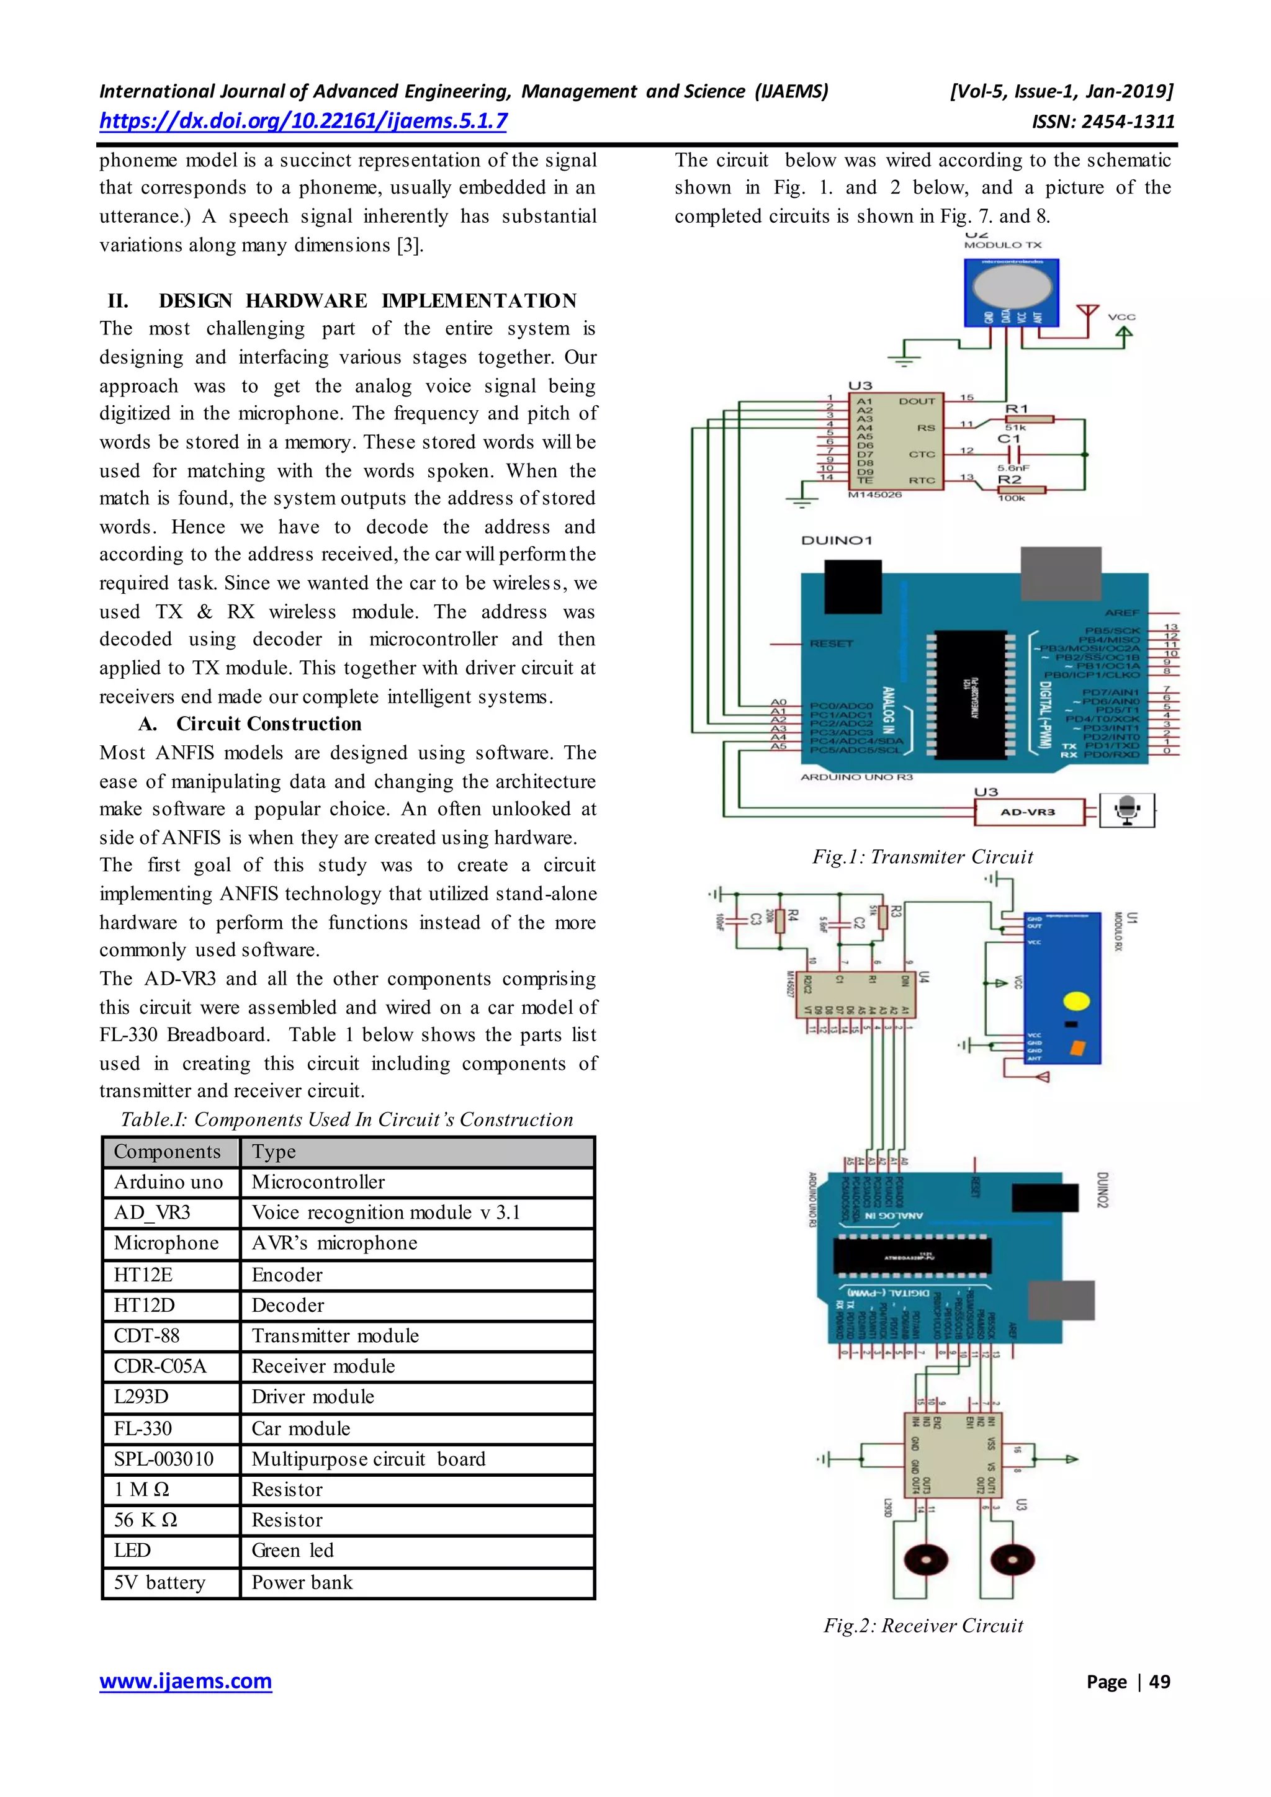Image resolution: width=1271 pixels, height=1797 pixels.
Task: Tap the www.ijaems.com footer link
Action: click(x=186, y=1680)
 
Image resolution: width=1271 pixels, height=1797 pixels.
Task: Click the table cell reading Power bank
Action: click(x=302, y=1582)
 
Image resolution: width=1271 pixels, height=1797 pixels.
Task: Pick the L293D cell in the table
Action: click(x=141, y=1396)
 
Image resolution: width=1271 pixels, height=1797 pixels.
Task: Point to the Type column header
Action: click(x=274, y=1151)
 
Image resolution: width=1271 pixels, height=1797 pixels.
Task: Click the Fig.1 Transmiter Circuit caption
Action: click(x=922, y=857)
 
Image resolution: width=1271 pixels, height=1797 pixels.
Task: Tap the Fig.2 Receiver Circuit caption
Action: click(x=923, y=1626)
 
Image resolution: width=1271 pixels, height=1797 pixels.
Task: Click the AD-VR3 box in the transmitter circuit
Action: click(x=1028, y=812)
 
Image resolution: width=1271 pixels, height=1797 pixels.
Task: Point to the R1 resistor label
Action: click(x=1016, y=408)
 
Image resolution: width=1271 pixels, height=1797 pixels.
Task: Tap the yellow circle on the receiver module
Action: click(x=1077, y=1001)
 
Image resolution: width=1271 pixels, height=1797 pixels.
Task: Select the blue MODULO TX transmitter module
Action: click(x=1011, y=291)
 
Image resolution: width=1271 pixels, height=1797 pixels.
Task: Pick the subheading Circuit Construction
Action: click(x=269, y=724)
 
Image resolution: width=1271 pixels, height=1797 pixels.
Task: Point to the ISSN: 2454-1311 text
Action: click(x=1103, y=122)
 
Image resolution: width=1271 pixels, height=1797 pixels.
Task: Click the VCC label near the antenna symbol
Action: click(x=1121, y=317)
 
